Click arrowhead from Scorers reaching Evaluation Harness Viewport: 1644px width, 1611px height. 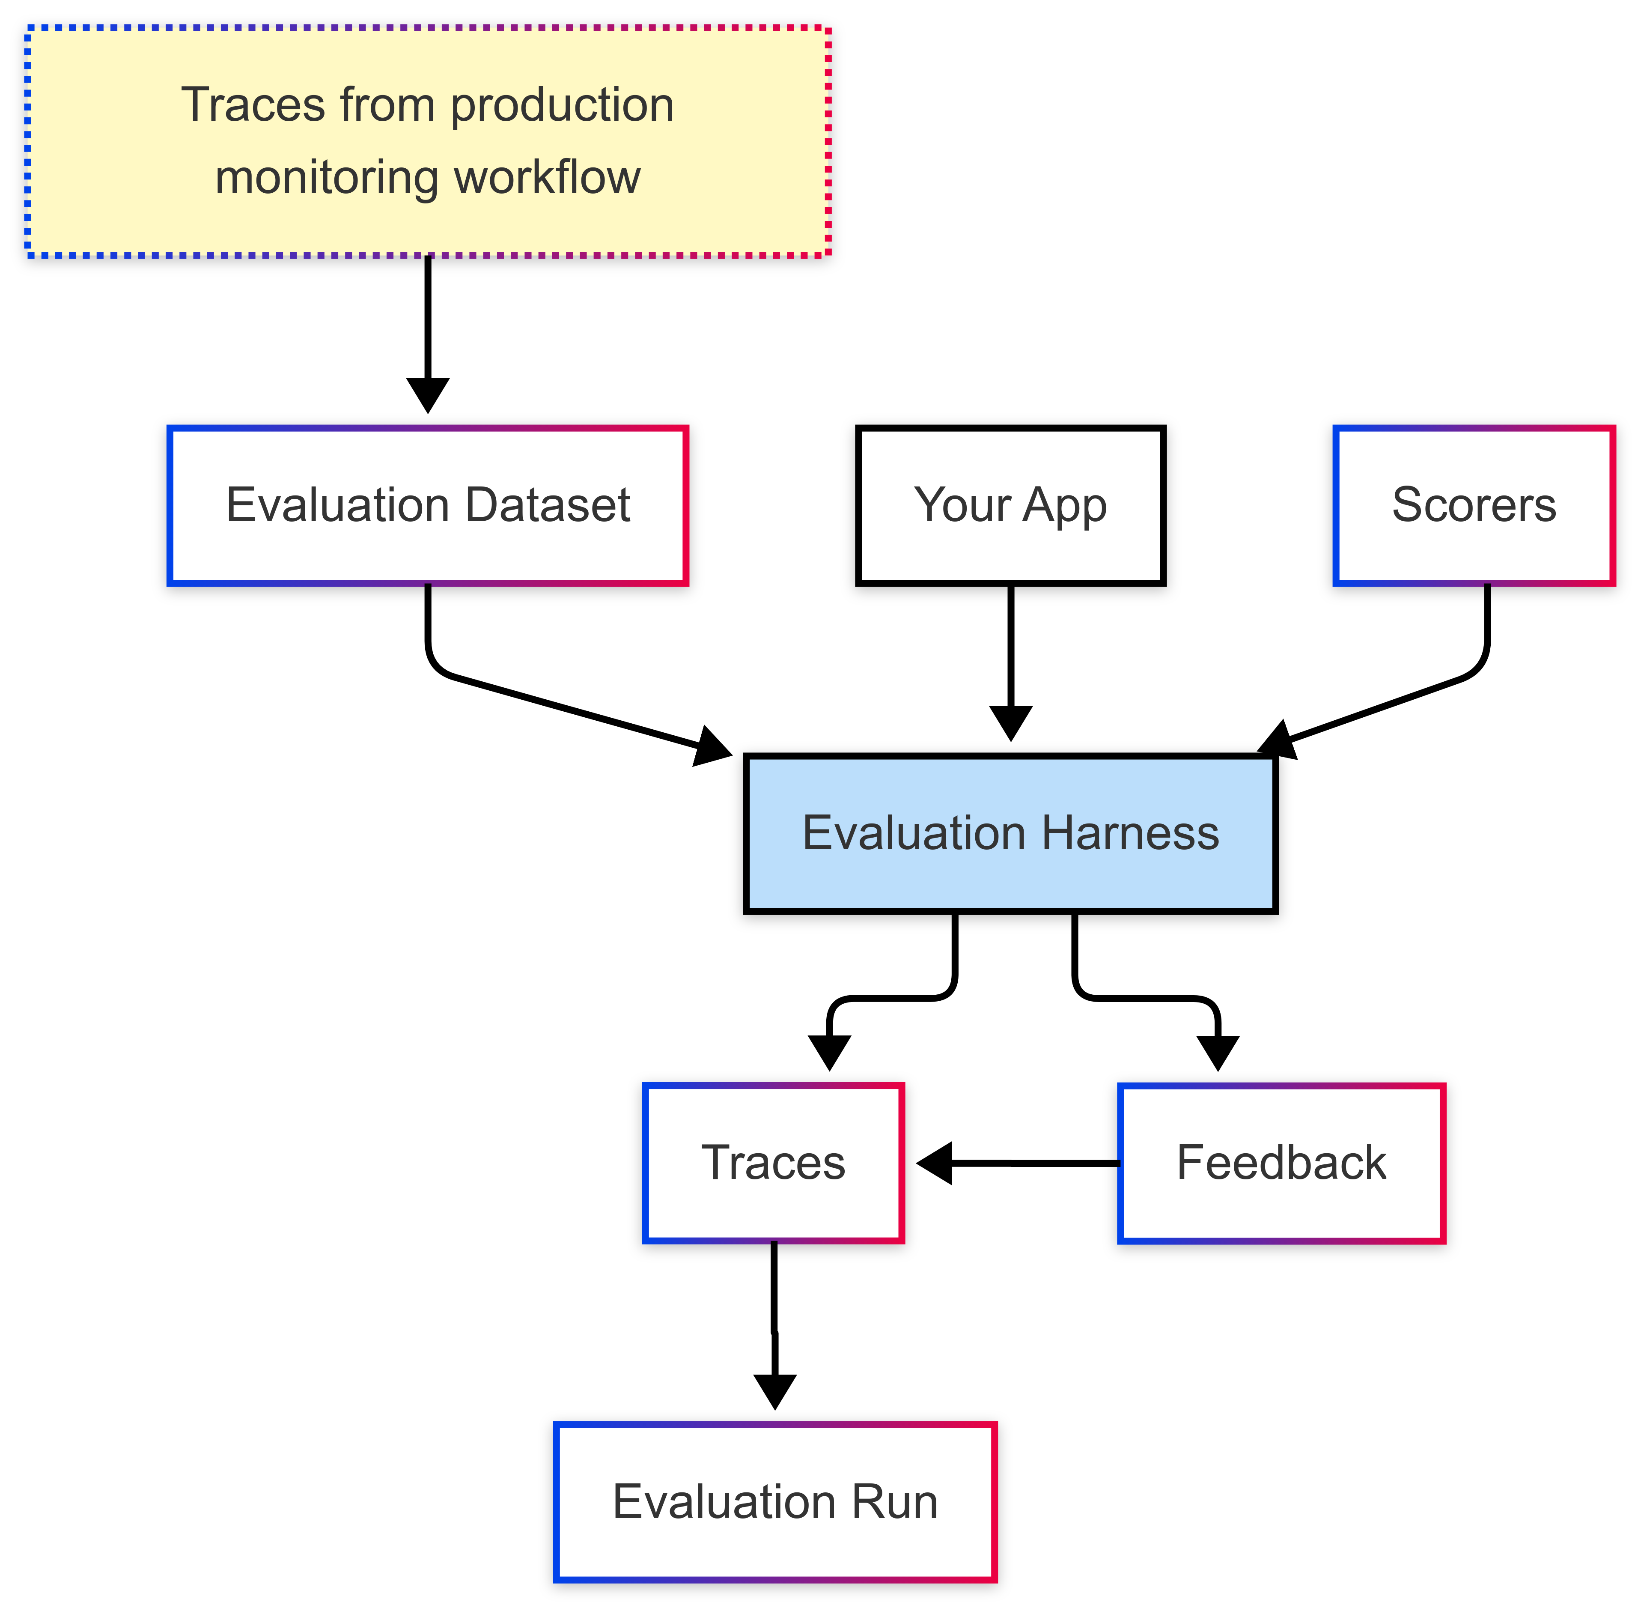tap(1278, 740)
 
